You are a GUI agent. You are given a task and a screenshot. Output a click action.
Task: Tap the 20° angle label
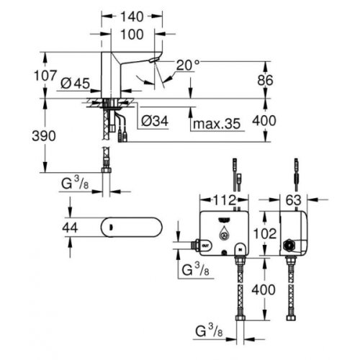pos(186,63)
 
